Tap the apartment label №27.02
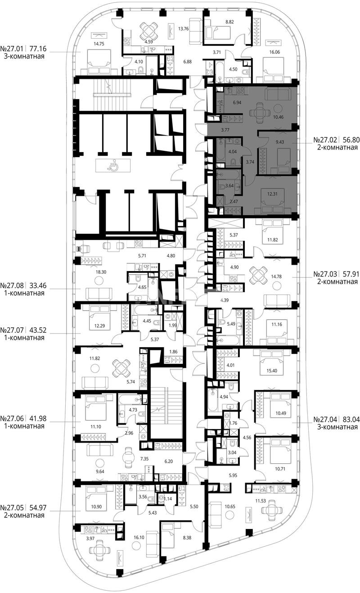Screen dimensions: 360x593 coord(324,140)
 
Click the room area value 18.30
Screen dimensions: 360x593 coord(101,272)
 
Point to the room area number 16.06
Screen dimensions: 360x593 coord(274,52)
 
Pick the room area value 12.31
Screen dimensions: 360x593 coord(272,194)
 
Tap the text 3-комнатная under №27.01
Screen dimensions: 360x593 coord(24,56)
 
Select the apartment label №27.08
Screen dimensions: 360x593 coord(12,285)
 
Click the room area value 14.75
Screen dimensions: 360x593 coord(99,44)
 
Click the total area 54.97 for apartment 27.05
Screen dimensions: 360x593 coord(38,508)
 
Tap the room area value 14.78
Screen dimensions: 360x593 coord(276,276)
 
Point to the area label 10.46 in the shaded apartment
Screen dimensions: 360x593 coord(278,117)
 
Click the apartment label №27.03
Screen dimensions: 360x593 coord(324,274)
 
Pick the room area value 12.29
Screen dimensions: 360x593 coord(99,326)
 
